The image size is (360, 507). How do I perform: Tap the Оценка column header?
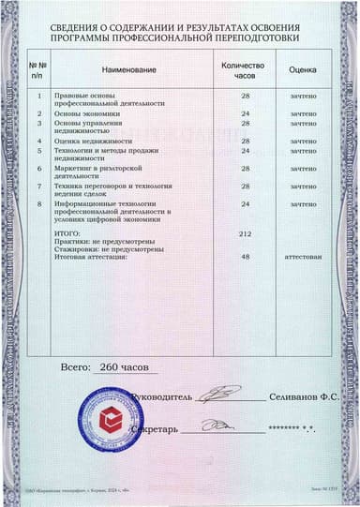[302, 70]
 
